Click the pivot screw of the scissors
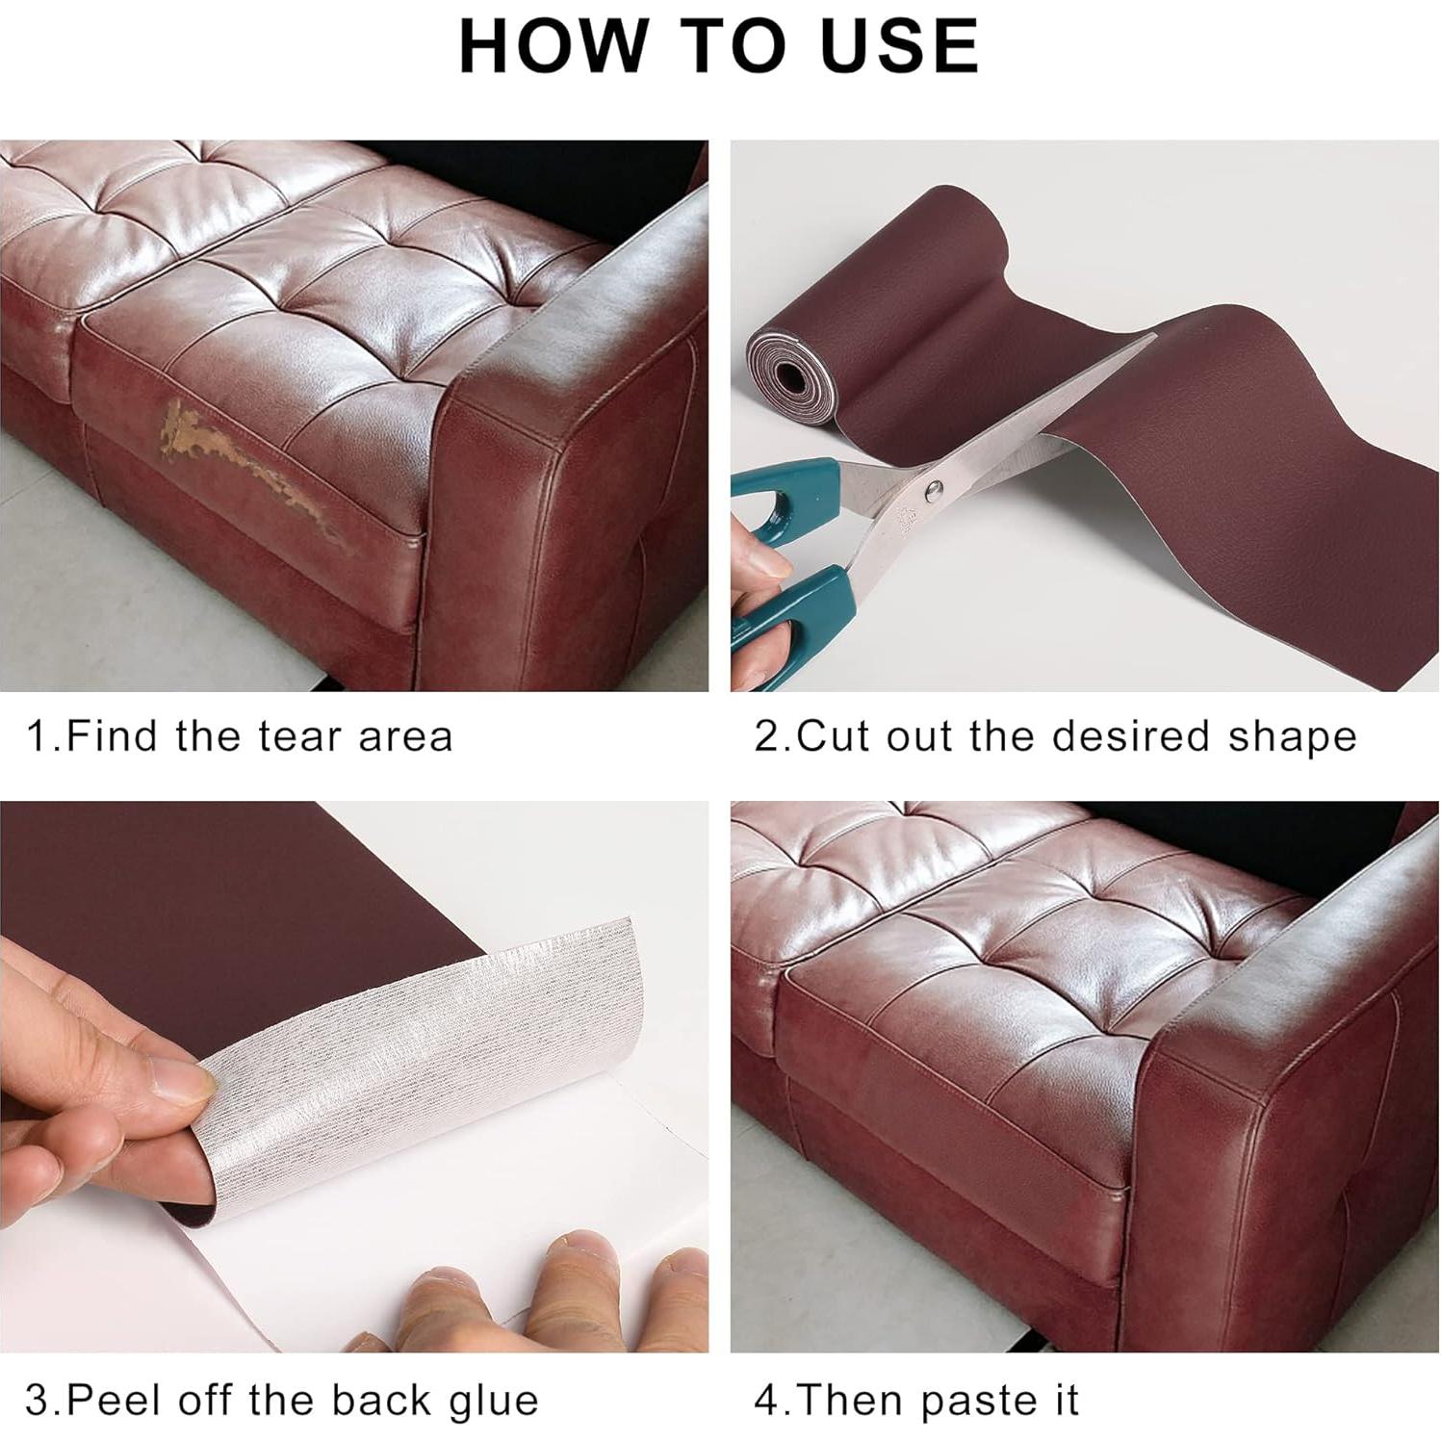[x=932, y=493]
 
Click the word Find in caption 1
[x=115, y=736]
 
